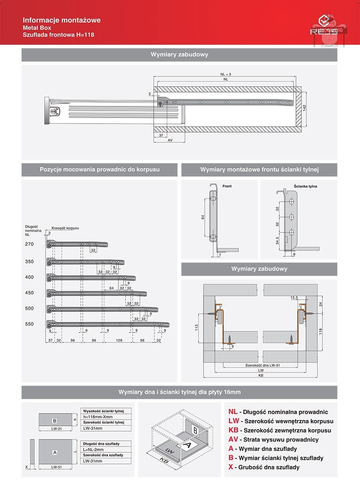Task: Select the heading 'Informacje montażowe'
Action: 62,20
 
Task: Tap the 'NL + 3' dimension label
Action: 226,74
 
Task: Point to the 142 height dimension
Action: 304,109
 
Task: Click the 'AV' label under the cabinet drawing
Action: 170,140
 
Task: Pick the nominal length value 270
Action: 29,244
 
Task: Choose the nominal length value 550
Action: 29,324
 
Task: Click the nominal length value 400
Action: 29,277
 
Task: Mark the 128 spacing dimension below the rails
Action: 119,340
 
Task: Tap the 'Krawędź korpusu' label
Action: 65,228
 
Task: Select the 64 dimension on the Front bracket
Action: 203,217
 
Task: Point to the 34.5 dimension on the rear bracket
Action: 277,241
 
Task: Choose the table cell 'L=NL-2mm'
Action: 94,450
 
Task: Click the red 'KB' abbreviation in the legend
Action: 233,430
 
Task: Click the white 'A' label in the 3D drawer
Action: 187,444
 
